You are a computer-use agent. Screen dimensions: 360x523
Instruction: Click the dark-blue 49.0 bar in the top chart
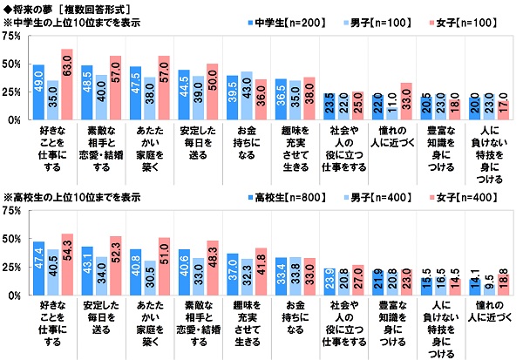coord(38,92)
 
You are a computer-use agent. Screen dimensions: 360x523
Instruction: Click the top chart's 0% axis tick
coord(16,120)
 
